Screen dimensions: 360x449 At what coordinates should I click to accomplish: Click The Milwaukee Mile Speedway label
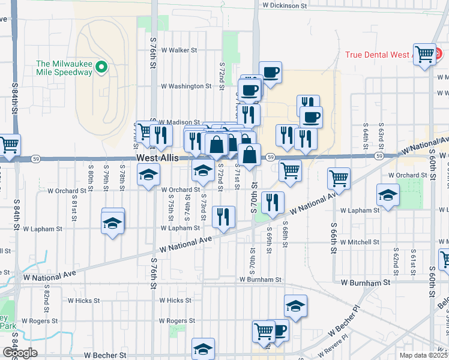coord(65,68)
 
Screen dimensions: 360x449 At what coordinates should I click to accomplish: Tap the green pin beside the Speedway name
coord(101,68)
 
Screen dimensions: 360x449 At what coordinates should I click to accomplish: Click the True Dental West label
coord(378,55)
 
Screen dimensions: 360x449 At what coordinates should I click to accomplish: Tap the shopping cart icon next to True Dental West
coord(425,53)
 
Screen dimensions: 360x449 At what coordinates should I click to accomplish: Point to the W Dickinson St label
coord(285,5)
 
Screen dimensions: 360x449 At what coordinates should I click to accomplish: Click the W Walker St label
coord(179,50)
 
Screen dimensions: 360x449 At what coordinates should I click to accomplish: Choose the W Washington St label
coord(186,86)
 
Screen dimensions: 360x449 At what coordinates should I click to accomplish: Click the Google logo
coord(20,352)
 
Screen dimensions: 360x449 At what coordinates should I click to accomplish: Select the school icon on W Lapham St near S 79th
coord(113,223)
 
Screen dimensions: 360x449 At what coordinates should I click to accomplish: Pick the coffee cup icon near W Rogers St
coord(278,329)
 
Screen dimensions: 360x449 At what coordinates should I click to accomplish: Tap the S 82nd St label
coord(47,294)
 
